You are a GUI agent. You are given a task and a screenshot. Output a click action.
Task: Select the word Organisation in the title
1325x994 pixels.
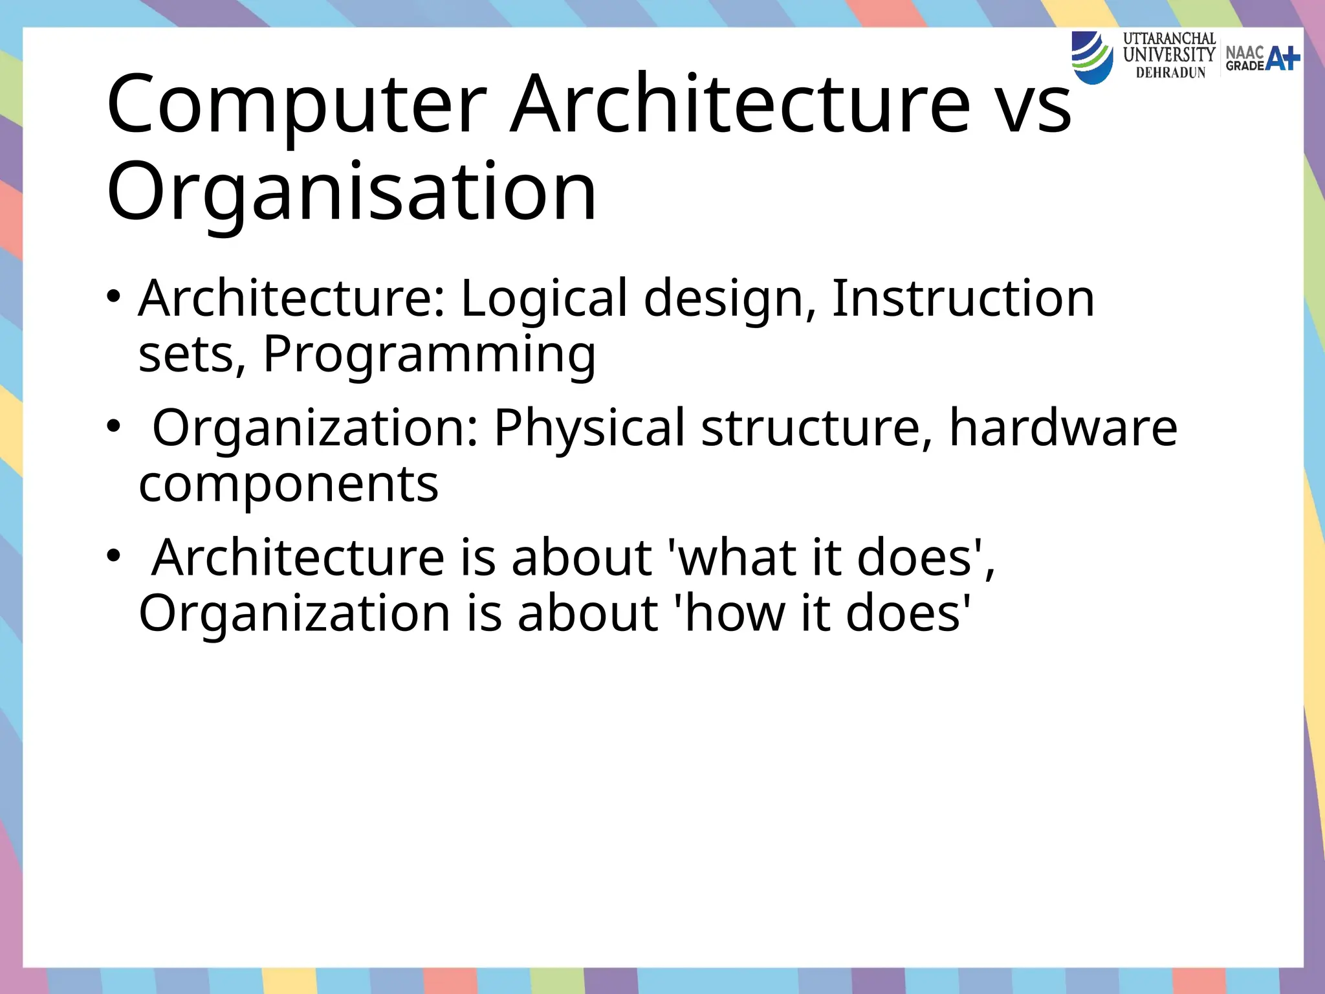pos(351,192)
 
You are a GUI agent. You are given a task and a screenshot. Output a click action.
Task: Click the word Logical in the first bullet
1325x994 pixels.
pos(543,299)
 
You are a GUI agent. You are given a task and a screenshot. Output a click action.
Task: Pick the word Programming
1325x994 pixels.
pos(429,355)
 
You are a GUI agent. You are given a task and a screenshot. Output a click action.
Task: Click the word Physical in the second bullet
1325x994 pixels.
pos(589,428)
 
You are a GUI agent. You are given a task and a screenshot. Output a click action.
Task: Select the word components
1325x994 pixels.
pos(289,484)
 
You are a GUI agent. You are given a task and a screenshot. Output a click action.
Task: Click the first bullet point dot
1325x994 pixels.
pos(114,298)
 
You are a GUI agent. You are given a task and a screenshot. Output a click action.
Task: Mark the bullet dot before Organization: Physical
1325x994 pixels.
pos(114,427)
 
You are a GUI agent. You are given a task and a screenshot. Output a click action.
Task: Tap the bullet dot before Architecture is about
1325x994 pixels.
pos(114,557)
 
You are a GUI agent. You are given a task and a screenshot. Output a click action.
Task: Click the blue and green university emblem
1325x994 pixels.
pos(1093,57)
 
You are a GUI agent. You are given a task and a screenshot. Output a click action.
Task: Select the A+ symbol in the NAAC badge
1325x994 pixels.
pos(1282,58)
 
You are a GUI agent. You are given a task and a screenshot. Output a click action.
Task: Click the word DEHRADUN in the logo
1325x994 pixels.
pos(1170,73)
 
